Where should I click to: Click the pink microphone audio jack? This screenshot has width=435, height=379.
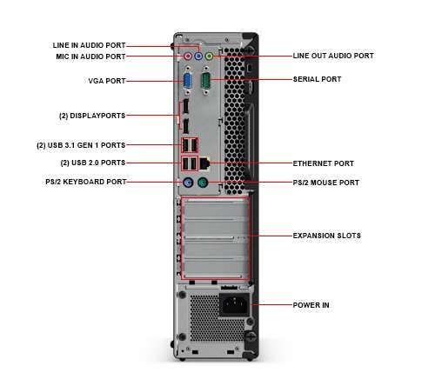click(x=187, y=57)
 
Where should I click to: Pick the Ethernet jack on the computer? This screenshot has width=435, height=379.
click(x=204, y=163)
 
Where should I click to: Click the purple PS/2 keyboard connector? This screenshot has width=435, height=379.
click(x=186, y=183)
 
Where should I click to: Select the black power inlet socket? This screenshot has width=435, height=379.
click(x=234, y=305)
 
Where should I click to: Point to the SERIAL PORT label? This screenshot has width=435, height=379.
click(x=317, y=79)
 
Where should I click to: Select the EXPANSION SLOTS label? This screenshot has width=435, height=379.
click(x=326, y=236)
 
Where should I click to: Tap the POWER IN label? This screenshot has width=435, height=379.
click(x=311, y=305)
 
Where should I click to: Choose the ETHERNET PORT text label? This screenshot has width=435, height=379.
click(x=323, y=163)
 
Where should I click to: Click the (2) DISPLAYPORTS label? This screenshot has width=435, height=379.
click(x=91, y=114)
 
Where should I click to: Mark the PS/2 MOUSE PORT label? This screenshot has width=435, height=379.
click(x=325, y=183)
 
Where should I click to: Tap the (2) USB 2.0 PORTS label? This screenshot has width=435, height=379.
click(x=93, y=163)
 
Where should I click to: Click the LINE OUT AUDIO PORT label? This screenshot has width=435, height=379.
click(x=333, y=56)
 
